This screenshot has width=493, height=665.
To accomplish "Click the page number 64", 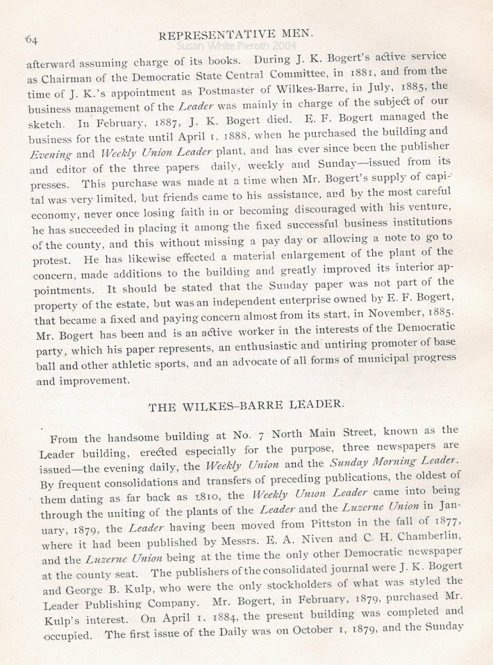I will (x=31, y=40).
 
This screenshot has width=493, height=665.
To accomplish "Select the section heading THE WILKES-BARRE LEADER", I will (x=248, y=409).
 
